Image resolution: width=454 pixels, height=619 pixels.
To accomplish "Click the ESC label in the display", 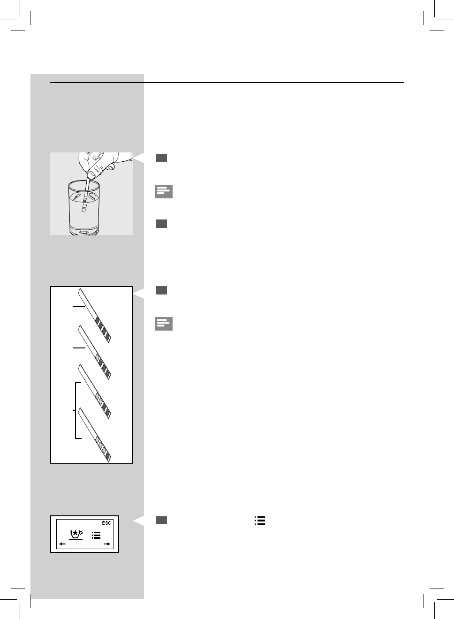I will tap(106, 523).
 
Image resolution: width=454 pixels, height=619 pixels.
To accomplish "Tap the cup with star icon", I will tap(76, 534).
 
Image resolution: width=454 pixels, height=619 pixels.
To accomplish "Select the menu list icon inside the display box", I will tap(96, 535).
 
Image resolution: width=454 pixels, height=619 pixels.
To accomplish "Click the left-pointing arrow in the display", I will tap(62, 544).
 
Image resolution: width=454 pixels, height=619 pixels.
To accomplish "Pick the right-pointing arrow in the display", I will tap(107, 544).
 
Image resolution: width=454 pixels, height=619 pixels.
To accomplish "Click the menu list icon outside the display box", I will tap(260, 521).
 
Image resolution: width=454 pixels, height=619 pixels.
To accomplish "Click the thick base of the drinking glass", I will tap(84, 230).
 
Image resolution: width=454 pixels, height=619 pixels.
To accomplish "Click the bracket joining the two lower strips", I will tap(76, 410).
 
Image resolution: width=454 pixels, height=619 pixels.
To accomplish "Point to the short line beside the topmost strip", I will tap(79, 306).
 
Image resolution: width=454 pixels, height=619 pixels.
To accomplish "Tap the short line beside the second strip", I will tap(79, 348).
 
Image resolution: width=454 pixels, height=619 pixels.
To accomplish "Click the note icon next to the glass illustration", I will tap(164, 191).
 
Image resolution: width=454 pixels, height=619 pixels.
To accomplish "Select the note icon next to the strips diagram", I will tap(164, 324).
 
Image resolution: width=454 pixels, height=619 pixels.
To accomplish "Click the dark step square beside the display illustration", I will tap(161, 520).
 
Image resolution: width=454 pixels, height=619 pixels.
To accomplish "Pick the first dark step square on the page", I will tap(161, 158).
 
